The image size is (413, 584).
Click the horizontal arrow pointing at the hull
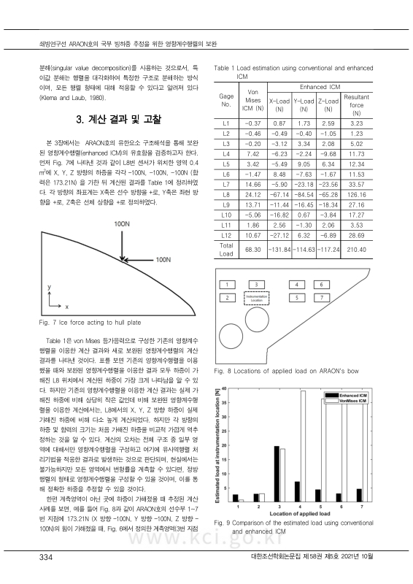click(x=134, y=259)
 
